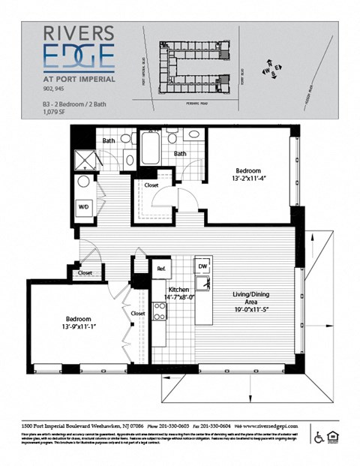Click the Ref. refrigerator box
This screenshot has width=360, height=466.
160,267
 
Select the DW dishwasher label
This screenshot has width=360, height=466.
202,266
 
